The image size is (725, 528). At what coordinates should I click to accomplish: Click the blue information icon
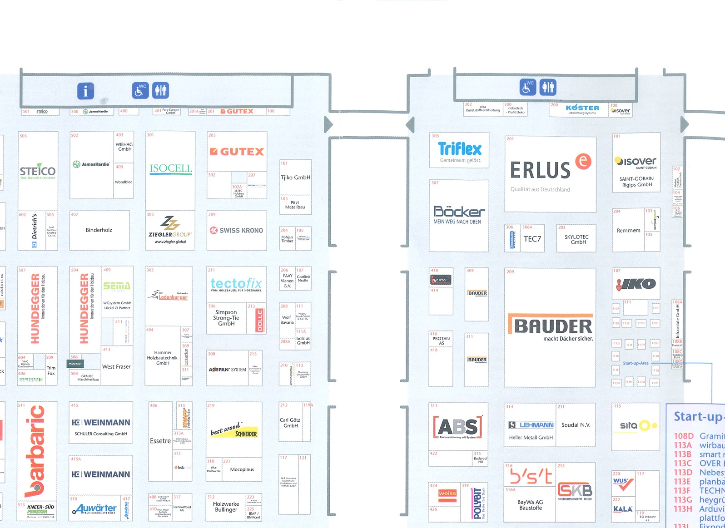point(85,91)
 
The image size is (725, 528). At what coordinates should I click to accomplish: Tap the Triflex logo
point(460,149)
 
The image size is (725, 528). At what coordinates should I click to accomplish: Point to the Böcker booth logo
point(459,212)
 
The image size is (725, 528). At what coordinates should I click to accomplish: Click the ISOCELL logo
point(171,169)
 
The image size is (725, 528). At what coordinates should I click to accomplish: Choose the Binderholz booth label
point(99,230)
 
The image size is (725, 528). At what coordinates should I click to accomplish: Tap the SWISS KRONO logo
point(236,231)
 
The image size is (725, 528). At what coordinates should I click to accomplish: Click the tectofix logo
point(236,284)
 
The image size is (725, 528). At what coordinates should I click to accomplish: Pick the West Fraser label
point(116,367)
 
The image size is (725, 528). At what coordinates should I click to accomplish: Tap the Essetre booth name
point(160,441)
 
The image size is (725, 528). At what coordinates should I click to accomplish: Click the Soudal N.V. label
point(576,425)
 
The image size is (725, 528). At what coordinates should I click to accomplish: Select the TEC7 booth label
point(532,239)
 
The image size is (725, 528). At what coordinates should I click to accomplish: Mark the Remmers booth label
point(628,231)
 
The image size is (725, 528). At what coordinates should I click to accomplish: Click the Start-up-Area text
point(636,363)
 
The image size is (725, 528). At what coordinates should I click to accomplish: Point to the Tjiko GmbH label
point(295,178)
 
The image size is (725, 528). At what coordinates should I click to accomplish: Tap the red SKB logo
point(575,490)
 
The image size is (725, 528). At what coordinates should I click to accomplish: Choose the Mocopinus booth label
point(242,469)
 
